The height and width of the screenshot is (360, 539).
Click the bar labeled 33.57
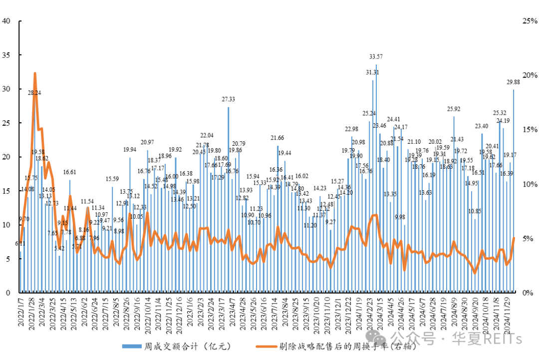pyautogui.click(x=376, y=180)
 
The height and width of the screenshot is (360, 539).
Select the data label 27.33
pyautogui.click(x=229, y=99)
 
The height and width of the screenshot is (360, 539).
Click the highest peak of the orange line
pyautogui.click(x=35, y=73)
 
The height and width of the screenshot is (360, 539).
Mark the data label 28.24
pyautogui.click(x=34, y=93)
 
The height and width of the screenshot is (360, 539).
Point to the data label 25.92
pyautogui.click(x=454, y=109)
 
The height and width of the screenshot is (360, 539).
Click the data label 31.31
pyautogui.click(x=372, y=72)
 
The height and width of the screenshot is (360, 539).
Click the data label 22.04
pyautogui.click(x=207, y=135)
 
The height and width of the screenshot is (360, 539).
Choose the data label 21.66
pyautogui.click(x=277, y=138)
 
